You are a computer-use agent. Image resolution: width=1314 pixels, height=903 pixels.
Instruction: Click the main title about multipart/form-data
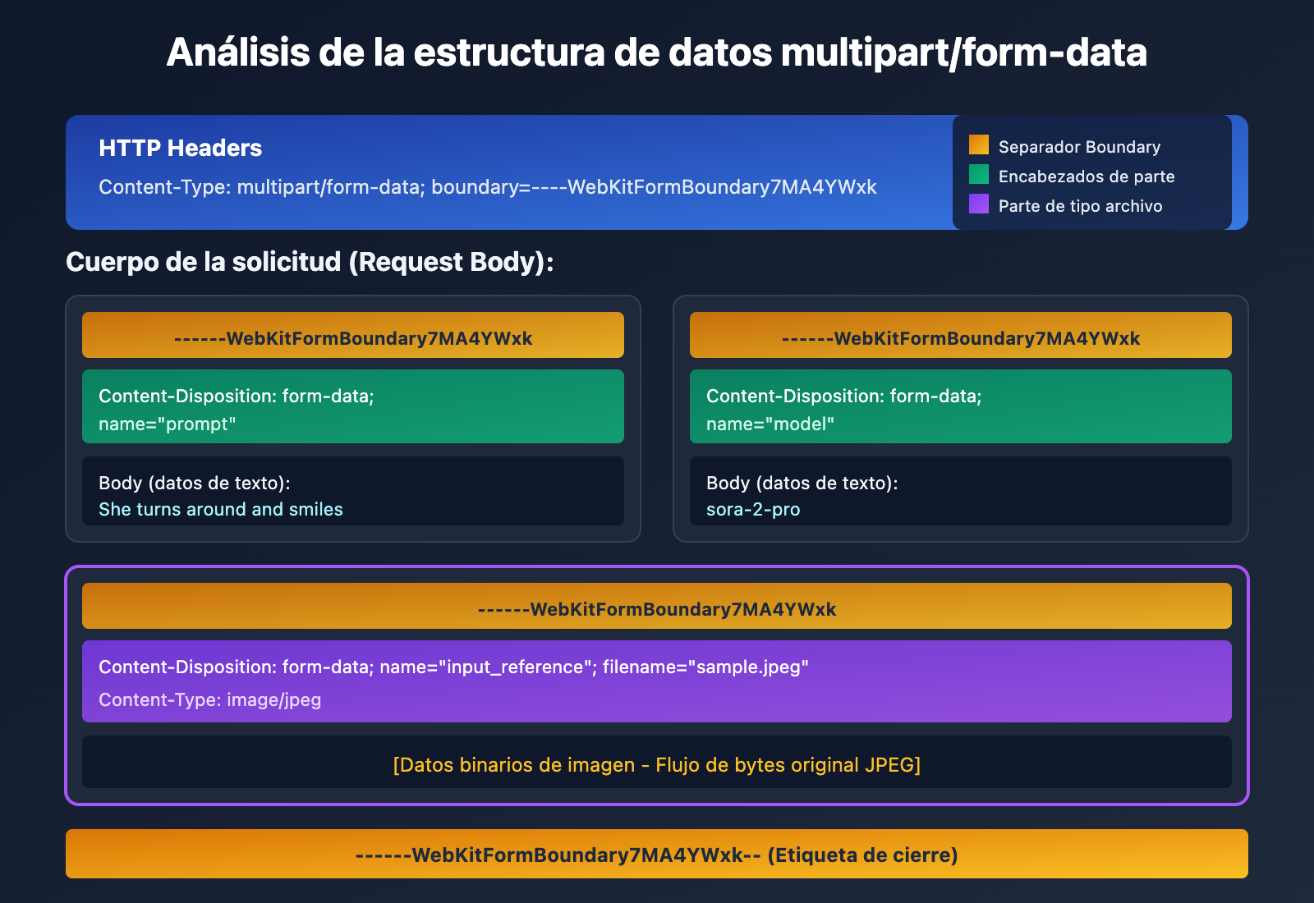pos(656,53)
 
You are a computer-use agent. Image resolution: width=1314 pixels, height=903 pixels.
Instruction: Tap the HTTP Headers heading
pos(180,148)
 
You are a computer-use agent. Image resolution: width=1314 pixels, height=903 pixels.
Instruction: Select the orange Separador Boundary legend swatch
pos(978,145)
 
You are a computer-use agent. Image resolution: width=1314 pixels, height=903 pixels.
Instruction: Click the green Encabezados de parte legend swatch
pos(978,175)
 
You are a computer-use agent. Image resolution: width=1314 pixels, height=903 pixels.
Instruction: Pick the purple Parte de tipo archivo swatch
pos(978,204)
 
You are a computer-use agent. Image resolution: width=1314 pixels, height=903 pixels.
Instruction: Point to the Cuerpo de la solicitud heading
pos(310,262)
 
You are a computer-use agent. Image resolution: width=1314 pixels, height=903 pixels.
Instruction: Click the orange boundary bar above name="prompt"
pos(353,336)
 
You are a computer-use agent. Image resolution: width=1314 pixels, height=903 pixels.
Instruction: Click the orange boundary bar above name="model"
pos(960,336)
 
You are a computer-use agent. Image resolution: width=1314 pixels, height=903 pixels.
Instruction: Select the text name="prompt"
pos(168,424)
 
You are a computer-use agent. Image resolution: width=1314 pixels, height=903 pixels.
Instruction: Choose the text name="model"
pos(770,424)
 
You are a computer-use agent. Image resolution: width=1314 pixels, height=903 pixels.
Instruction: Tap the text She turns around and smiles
pos(221,510)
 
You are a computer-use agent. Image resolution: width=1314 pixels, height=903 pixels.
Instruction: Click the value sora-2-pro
pos(753,510)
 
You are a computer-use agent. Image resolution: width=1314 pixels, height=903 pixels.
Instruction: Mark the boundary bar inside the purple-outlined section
pos(656,607)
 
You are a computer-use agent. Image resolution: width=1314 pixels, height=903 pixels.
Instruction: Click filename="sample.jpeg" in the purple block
pos(705,667)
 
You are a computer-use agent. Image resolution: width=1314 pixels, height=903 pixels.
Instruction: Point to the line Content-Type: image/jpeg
pos(210,700)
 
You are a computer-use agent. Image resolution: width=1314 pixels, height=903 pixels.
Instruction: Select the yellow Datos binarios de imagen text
pos(656,765)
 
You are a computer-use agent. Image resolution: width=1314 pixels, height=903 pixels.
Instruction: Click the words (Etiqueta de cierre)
pos(862,855)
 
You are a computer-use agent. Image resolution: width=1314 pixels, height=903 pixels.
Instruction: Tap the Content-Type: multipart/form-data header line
pos(488,187)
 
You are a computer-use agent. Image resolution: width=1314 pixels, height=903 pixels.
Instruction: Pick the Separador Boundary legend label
pos(1079,147)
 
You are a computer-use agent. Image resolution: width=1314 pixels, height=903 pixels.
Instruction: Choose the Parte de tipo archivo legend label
pos(1080,206)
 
